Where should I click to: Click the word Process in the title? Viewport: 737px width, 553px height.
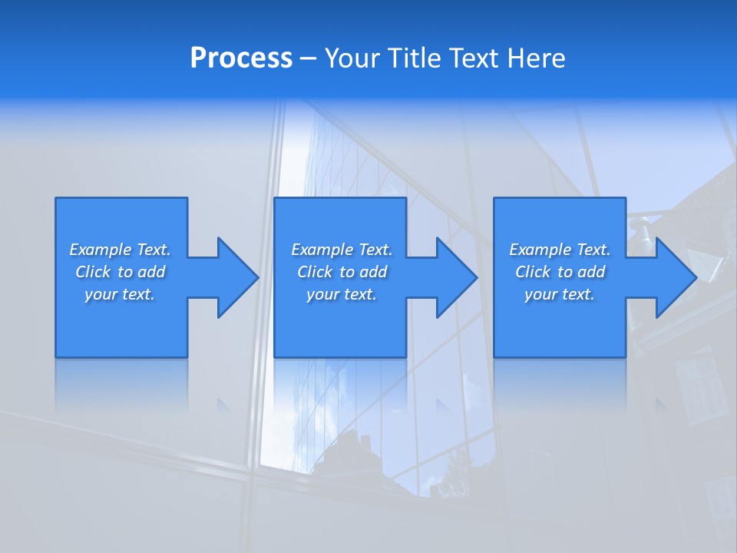click(241, 58)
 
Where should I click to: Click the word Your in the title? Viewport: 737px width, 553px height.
click(354, 58)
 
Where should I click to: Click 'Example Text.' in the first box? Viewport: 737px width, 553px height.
click(120, 250)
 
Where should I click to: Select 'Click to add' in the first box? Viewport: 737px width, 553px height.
click(120, 272)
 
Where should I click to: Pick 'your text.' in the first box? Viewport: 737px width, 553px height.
click(120, 294)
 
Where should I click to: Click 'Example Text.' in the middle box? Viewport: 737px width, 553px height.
click(342, 250)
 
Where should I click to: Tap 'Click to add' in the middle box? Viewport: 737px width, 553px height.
click(342, 272)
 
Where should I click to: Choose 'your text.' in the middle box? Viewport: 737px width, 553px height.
click(342, 294)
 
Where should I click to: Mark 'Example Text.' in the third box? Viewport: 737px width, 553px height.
click(560, 250)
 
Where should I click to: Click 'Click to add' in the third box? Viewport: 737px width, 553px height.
click(560, 272)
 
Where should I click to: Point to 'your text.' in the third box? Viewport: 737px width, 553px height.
click(560, 294)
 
